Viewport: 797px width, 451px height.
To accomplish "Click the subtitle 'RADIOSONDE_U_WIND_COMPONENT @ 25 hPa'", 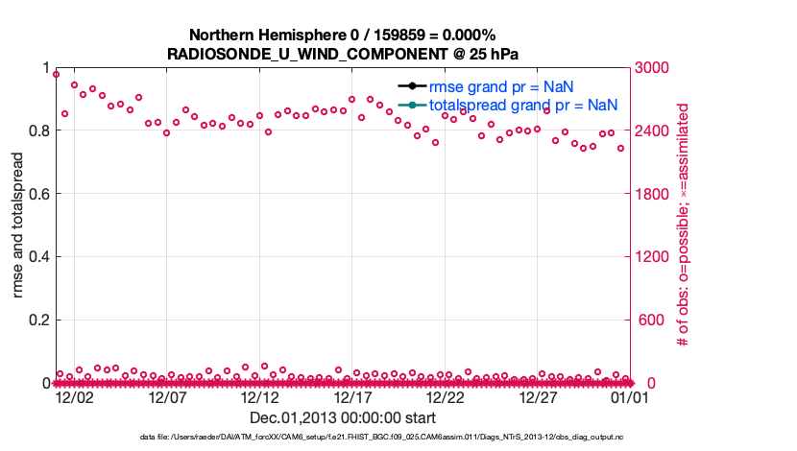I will (x=350, y=53).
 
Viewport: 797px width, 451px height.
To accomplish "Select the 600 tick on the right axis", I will (x=646, y=320).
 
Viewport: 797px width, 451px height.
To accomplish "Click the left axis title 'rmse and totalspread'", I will (x=18, y=225).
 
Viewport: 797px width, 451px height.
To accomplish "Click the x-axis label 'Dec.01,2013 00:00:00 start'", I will (x=343, y=418).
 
